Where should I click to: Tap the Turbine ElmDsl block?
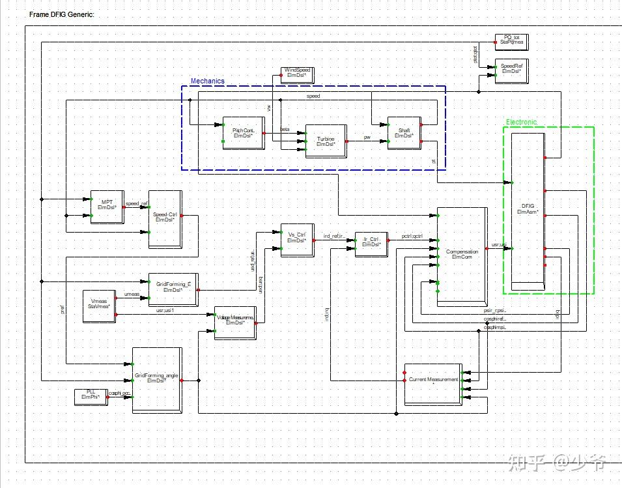click(x=325, y=141)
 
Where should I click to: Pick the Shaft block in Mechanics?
click(x=403, y=134)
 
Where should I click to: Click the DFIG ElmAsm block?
click(x=527, y=208)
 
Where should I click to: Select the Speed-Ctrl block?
click(x=164, y=218)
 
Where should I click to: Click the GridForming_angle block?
click(x=156, y=379)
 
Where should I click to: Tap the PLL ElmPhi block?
click(x=90, y=395)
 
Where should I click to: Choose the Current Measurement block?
click(x=433, y=380)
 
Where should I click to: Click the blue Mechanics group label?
click(x=207, y=81)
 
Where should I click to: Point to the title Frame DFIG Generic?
click(x=62, y=14)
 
